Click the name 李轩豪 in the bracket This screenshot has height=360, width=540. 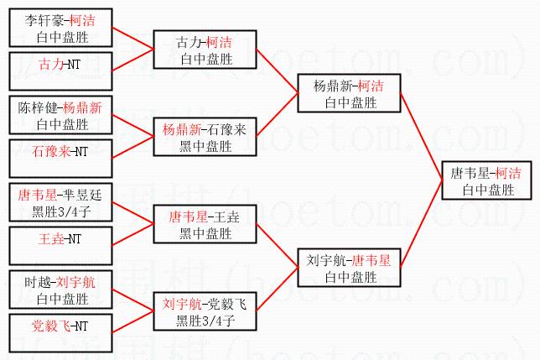44,21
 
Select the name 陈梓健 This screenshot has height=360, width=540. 38,107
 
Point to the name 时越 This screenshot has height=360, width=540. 38,283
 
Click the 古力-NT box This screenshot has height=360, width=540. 60,71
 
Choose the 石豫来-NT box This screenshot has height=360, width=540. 60,159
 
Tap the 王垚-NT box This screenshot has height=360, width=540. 60,246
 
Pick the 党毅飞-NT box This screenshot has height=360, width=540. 60,333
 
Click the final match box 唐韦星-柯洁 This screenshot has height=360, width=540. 486,180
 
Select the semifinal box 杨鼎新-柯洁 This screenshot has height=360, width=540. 349,93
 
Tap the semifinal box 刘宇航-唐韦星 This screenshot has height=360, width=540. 349,268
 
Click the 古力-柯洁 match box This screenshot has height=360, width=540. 205,50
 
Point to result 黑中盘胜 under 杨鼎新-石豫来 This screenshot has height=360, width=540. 205,146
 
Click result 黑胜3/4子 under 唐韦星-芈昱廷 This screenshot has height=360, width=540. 61,211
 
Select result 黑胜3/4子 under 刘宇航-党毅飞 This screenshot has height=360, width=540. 205,321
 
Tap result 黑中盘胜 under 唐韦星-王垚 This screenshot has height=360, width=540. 205,233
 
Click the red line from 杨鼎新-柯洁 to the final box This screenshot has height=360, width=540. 422,137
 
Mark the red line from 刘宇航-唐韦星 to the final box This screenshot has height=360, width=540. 422,223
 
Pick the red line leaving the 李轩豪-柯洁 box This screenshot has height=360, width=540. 133,39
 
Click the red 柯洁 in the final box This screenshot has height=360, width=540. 508,173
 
